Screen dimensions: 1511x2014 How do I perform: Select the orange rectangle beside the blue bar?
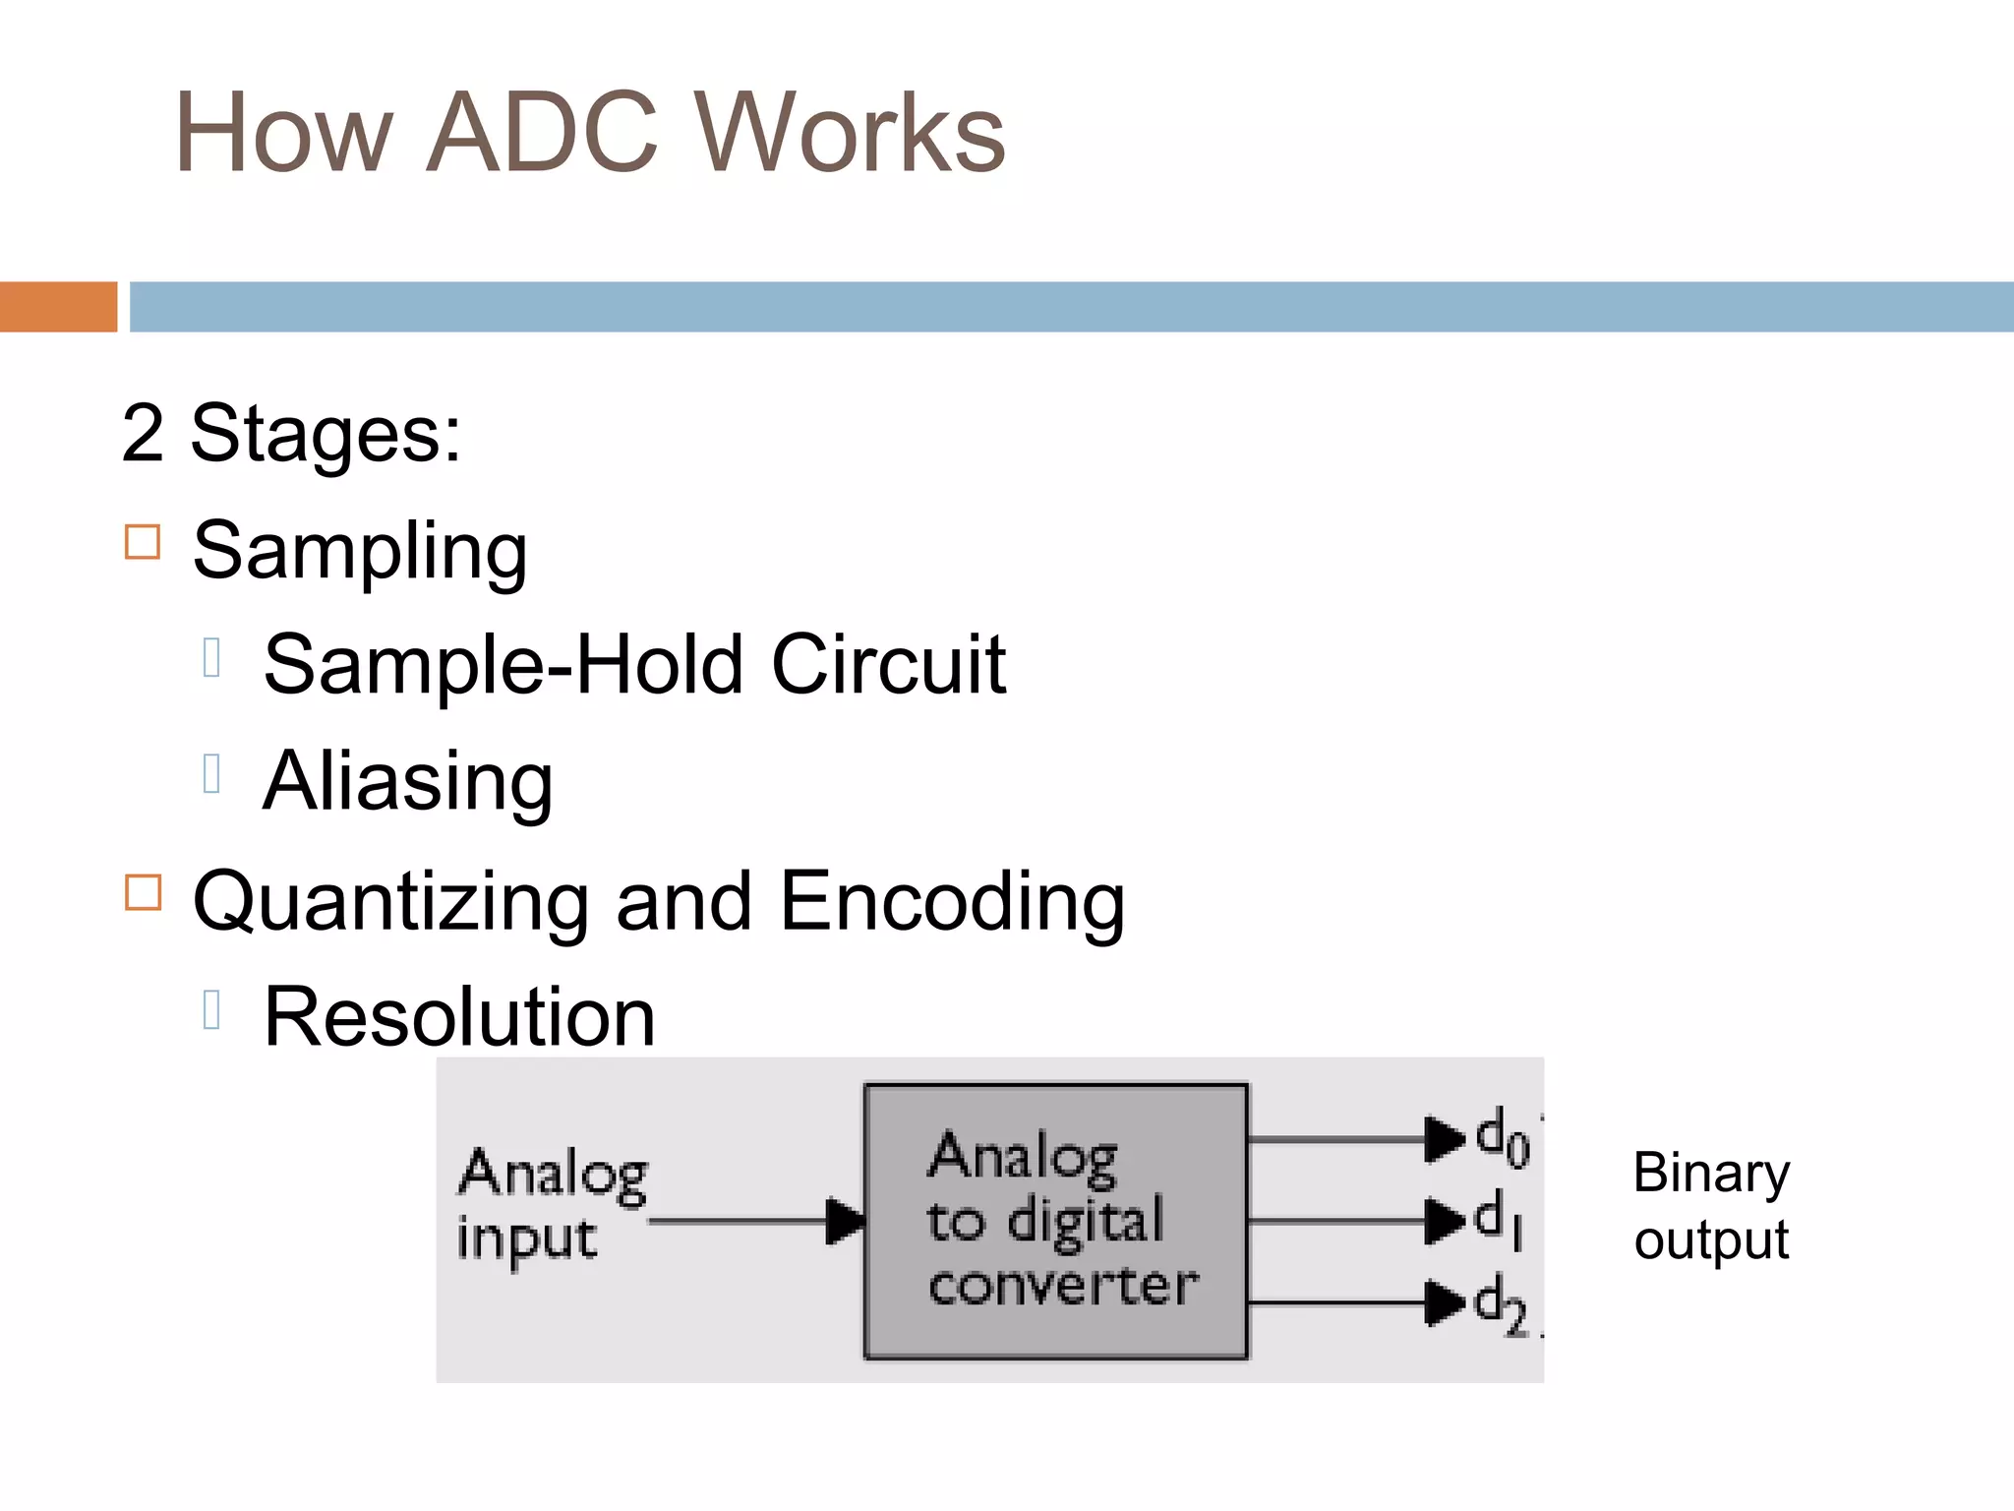pos(58,307)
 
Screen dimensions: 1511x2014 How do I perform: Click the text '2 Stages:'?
pos(291,433)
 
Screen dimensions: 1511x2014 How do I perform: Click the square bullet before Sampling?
pos(143,542)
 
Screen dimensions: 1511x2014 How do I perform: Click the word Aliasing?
pos(408,782)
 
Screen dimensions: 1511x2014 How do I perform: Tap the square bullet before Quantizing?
pos(143,892)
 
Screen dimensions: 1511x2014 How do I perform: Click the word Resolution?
pos(459,1017)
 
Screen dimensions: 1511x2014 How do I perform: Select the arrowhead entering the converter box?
pos(845,1221)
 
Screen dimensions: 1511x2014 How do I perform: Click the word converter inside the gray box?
pos(1062,1286)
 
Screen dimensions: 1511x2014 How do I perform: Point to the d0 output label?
pos(1502,1138)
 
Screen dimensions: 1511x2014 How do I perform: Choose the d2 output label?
pos(1501,1304)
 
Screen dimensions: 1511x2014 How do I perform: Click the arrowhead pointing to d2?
pos(1444,1302)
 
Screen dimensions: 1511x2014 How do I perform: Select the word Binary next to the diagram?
pos(1711,1174)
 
